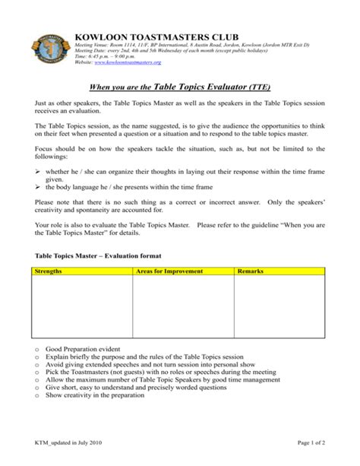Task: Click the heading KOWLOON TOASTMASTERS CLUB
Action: point(156,36)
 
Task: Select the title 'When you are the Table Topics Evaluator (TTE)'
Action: point(180,87)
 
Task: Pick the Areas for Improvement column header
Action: point(169,271)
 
